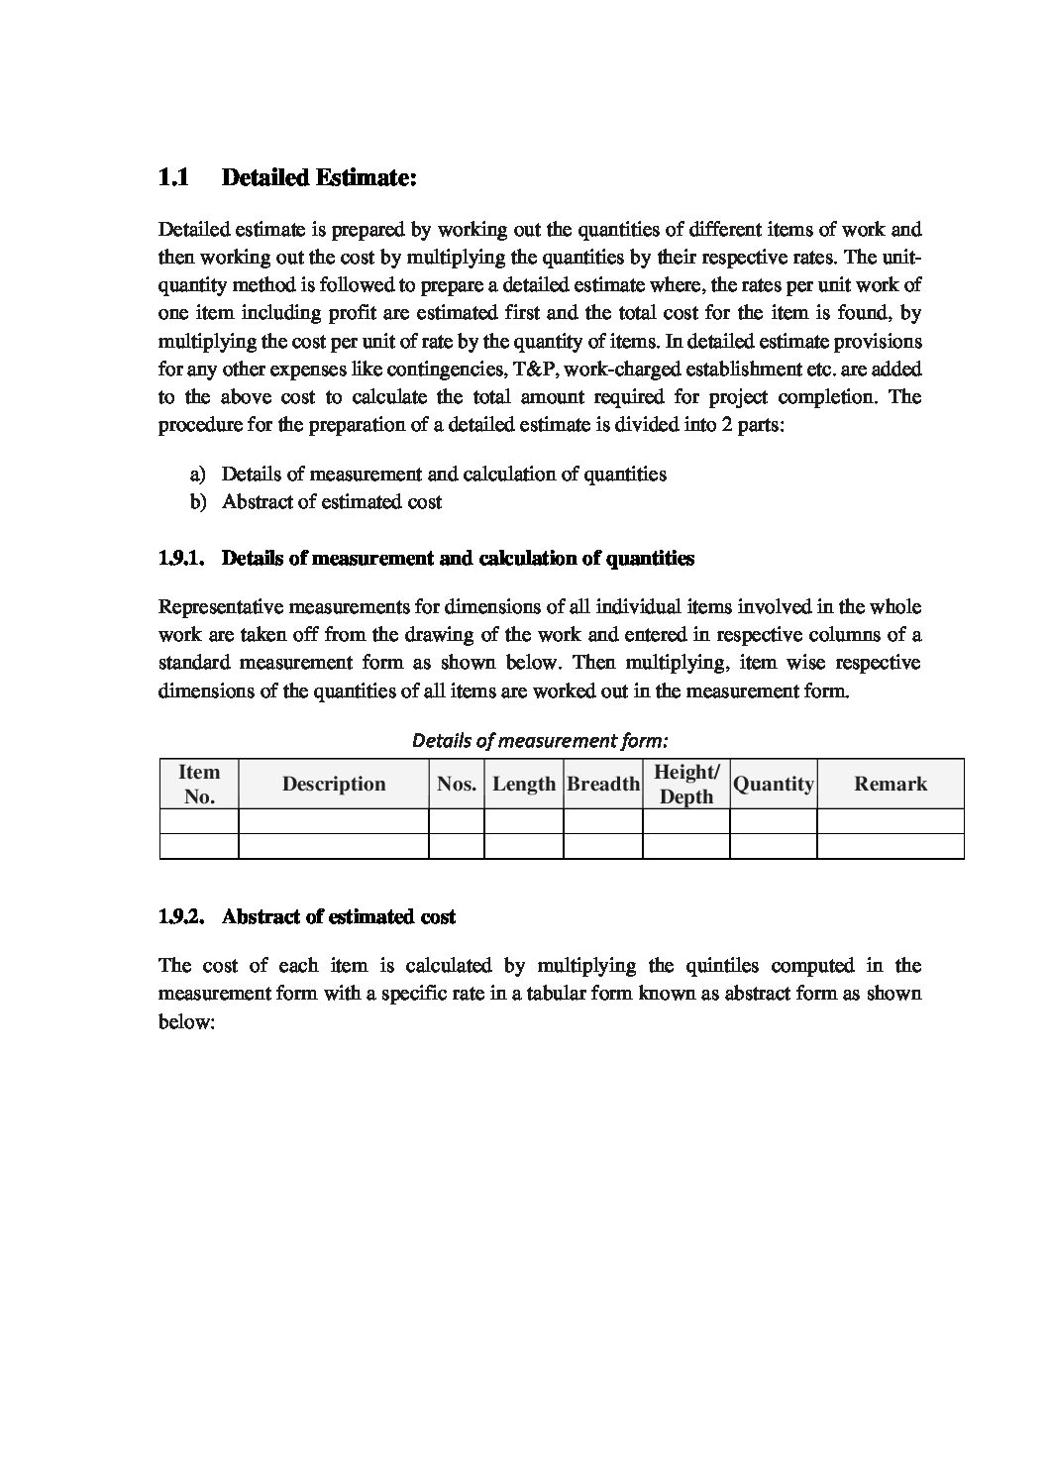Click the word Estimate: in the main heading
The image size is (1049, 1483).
(x=362, y=178)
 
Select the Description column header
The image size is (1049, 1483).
(x=334, y=785)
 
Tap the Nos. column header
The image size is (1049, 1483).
(x=457, y=785)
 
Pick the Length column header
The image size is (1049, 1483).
(x=524, y=785)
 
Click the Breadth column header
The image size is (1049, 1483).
(x=603, y=785)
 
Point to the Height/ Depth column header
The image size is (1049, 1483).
(x=686, y=785)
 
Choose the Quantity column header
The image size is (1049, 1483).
(x=774, y=785)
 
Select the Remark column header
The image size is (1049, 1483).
(x=891, y=785)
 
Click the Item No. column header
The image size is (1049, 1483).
(x=199, y=785)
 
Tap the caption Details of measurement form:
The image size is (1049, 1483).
(x=540, y=740)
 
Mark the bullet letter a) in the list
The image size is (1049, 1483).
(x=198, y=475)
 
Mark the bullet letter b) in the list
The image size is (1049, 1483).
(x=198, y=502)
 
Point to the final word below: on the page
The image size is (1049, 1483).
(x=186, y=1021)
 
